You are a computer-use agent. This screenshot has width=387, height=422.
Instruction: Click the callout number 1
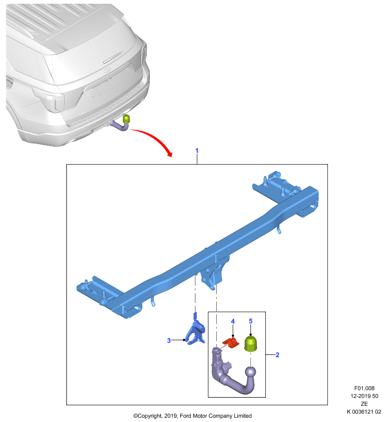[197, 150]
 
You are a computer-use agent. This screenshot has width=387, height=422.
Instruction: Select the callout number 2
[277, 355]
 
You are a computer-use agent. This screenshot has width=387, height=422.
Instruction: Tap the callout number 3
[169, 340]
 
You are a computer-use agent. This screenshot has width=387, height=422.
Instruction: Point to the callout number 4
[233, 321]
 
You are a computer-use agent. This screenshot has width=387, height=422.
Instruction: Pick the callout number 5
[250, 321]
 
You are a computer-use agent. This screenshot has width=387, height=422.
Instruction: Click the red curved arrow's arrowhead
[169, 154]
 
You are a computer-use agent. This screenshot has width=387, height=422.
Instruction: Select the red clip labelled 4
[231, 342]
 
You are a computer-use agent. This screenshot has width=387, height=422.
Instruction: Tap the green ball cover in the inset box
[250, 344]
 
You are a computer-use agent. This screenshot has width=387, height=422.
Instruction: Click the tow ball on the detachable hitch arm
[250, 373]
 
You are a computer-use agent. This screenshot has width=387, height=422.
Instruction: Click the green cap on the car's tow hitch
[126, 119]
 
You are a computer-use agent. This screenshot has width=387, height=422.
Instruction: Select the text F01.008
[364, 388]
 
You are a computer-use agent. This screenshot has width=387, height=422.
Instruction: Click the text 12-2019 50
[364, 396]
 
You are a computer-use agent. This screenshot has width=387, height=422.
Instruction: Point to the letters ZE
[364, 404]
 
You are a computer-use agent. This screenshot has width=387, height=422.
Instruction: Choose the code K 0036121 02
[364, 411]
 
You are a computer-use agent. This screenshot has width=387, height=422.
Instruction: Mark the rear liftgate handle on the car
[113, 58]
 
